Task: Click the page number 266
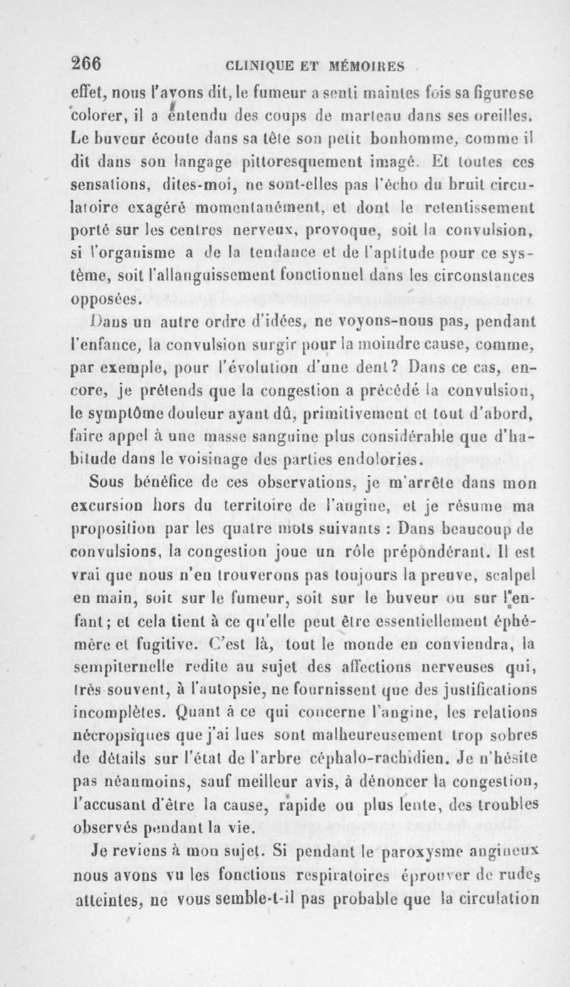tap(86, 63)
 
